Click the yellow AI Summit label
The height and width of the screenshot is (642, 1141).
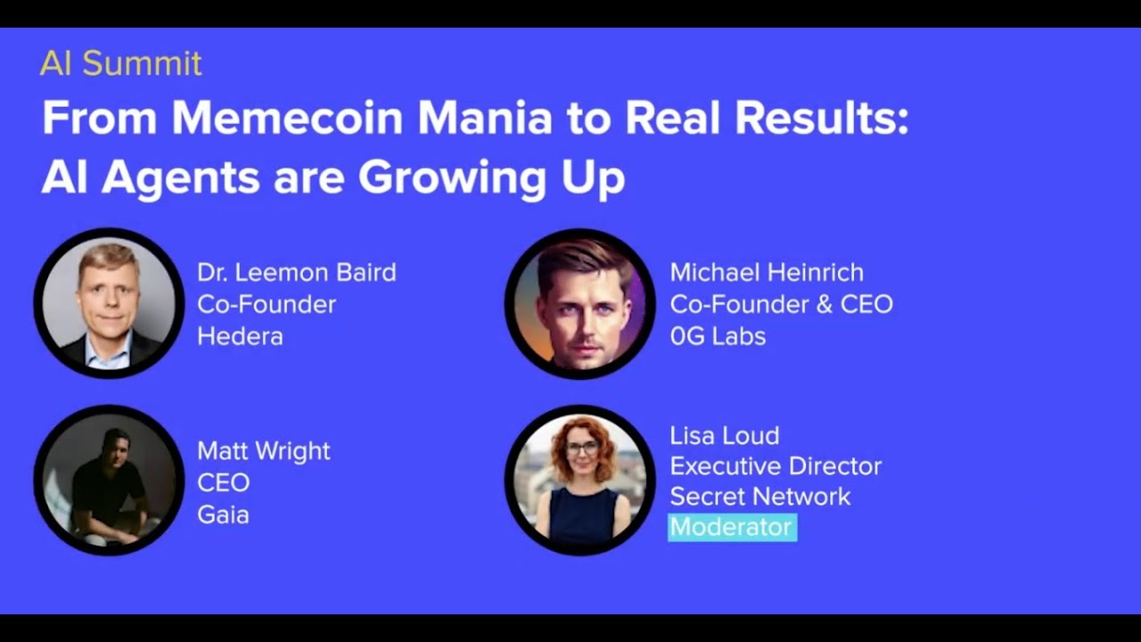pos(120,63)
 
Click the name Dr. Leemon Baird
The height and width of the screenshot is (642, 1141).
pos(296,273)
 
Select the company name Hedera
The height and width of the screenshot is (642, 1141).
pos(240,336)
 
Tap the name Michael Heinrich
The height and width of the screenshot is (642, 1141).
pos(767,273)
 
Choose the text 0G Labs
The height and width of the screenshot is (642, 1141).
pos(718,336)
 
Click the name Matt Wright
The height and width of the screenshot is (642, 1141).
pos(263,451)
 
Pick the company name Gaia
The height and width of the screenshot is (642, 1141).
pos(223,514)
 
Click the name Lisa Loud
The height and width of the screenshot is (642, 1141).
pos(724,436)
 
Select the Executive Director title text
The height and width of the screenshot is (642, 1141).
pos(776,466)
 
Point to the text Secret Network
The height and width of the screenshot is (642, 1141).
pos(760,497)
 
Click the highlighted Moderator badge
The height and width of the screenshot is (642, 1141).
pos(732,527)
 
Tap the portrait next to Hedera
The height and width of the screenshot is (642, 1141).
pos(109,303)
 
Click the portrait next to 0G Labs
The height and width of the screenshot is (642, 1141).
pos(579,304)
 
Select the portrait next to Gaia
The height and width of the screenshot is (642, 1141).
pos(109,481)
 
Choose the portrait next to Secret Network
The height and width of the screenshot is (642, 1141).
pos(579,481)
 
